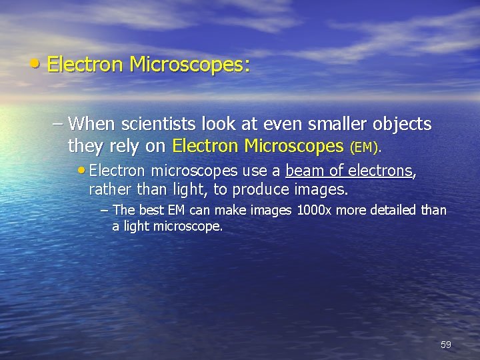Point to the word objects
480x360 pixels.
pos(397,125)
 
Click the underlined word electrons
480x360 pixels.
pos(380,171)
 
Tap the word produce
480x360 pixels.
pos(261,189)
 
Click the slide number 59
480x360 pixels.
pos(446,345)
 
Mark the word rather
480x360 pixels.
pos(109,189)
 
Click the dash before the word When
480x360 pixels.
pos(59,125)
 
